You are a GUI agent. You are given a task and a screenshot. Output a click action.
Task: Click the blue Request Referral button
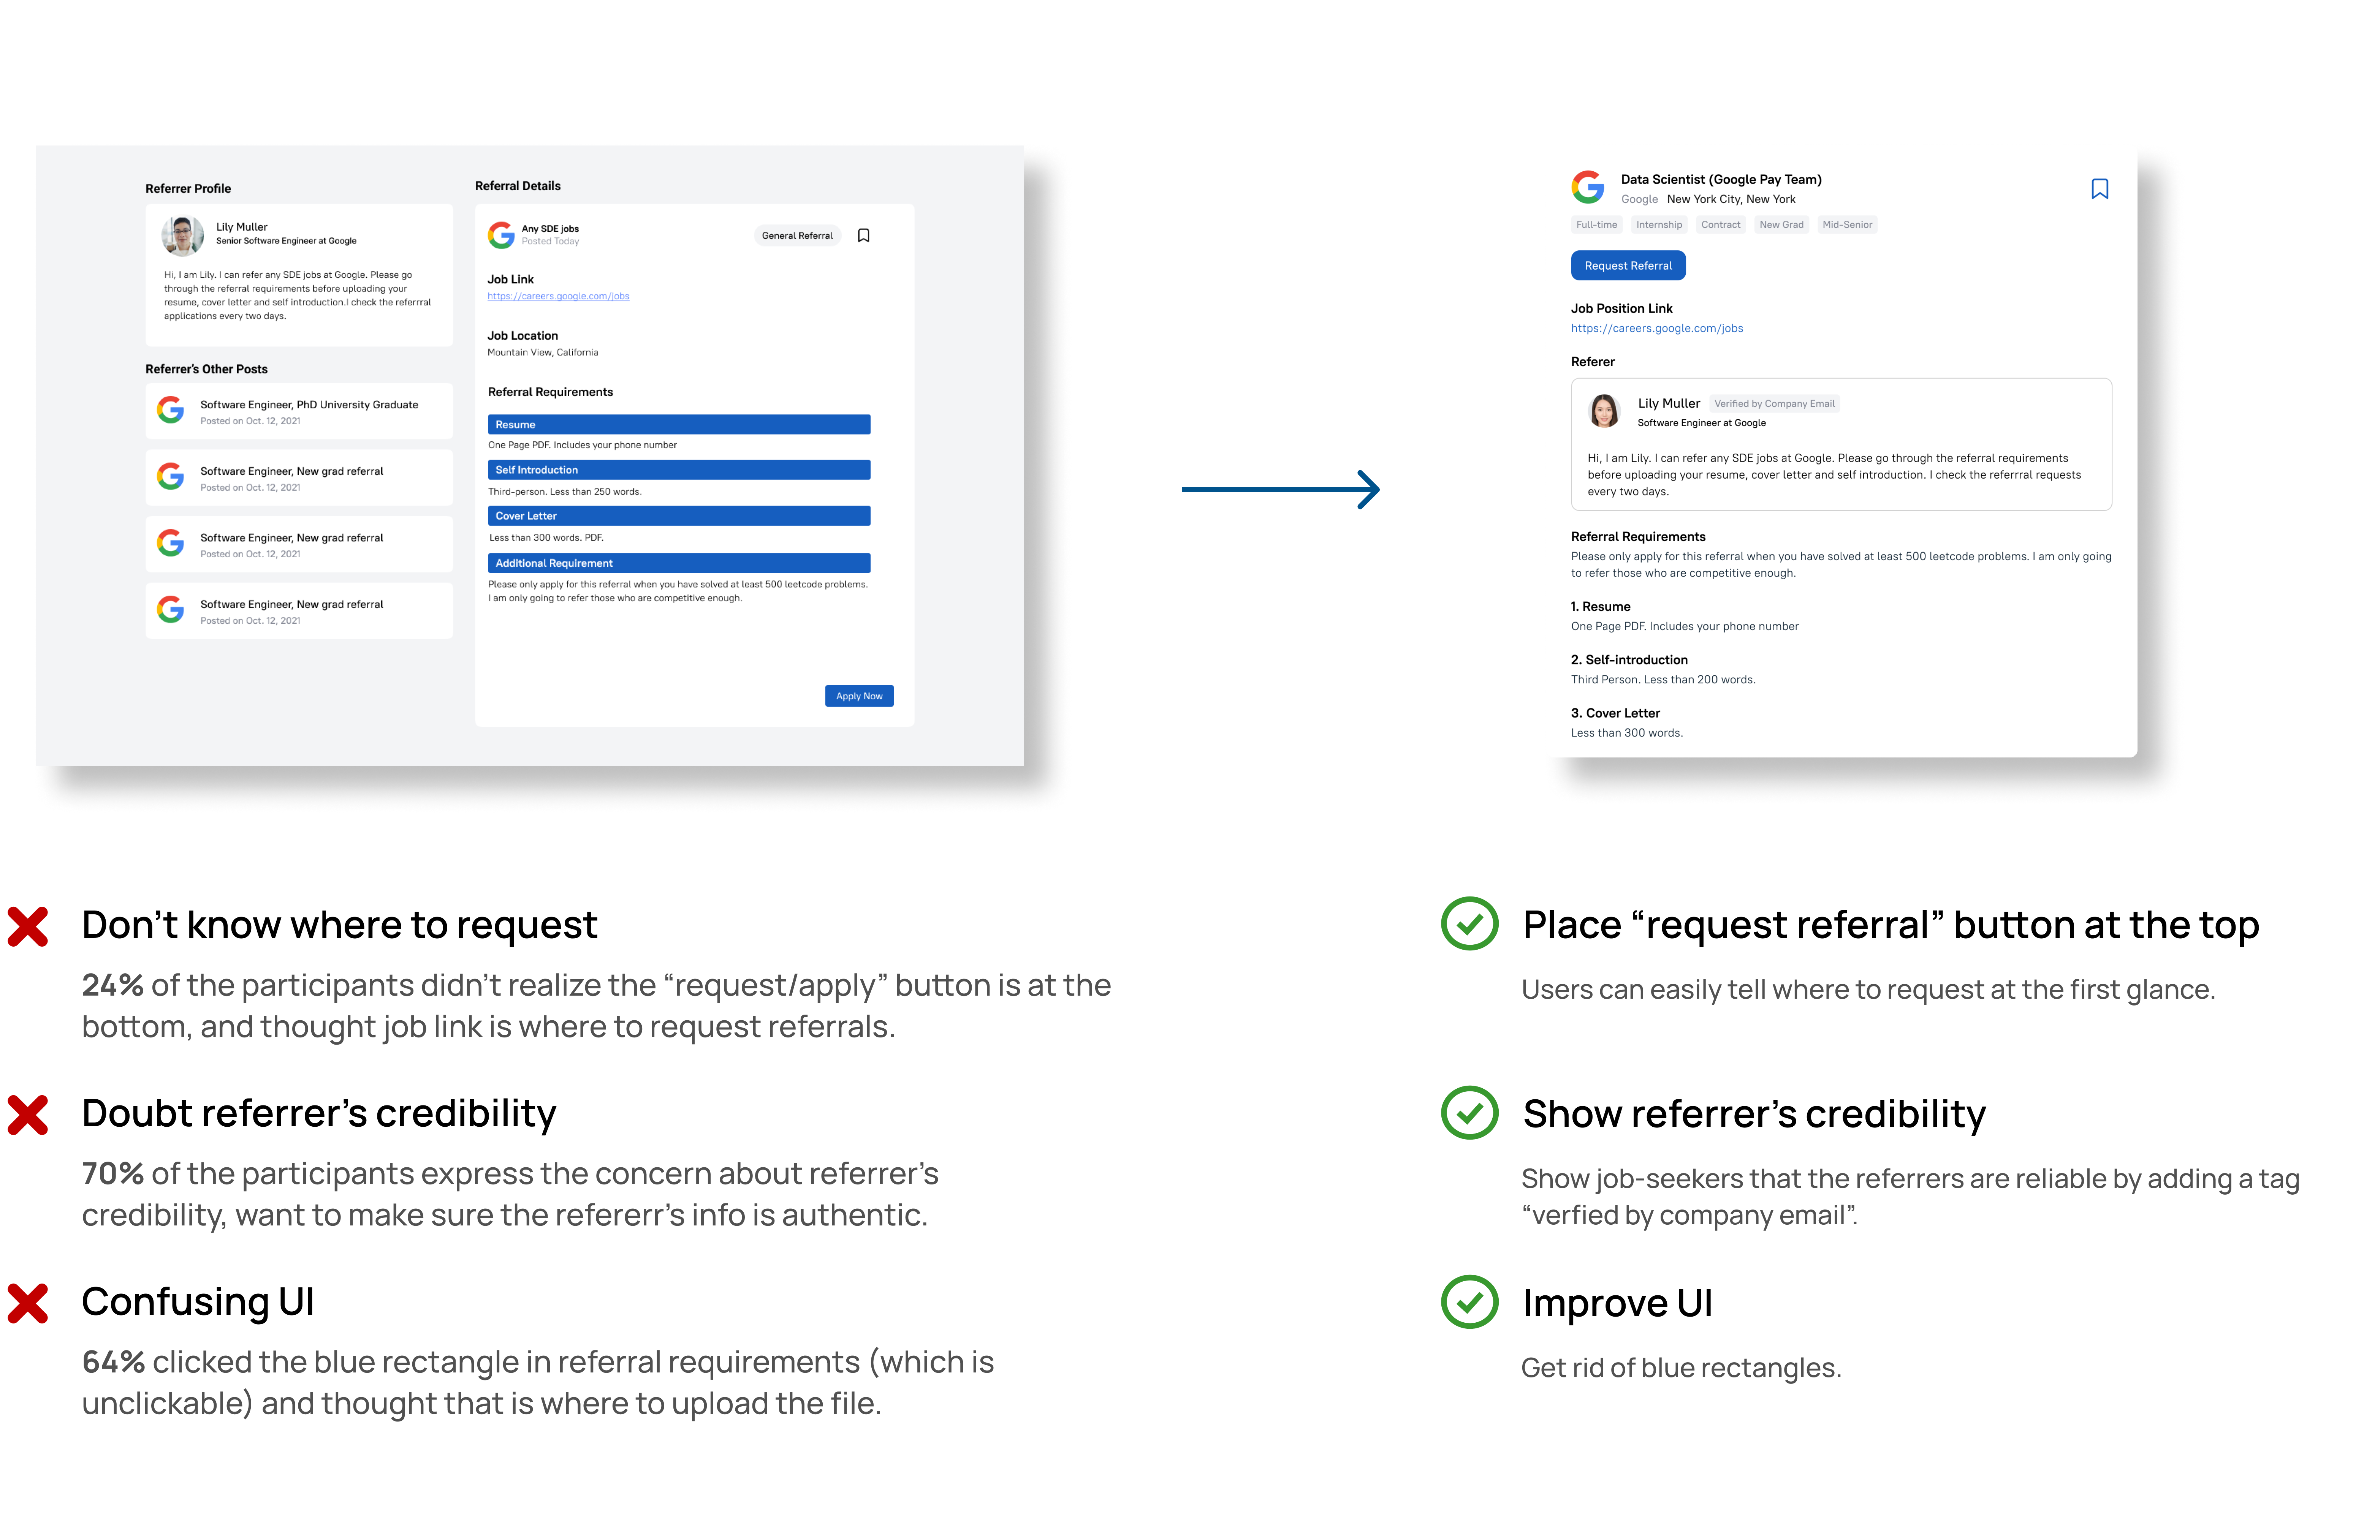click(x=1627, y=266)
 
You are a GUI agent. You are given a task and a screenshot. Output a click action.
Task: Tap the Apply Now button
click(x=858, y=696)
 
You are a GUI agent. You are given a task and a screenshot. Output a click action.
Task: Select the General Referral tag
click(x=796, y=235)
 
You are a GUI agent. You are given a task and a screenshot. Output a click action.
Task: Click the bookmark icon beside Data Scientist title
click(x=2099, y=189)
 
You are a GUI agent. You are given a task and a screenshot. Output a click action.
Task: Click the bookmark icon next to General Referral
click(x=863, y=235)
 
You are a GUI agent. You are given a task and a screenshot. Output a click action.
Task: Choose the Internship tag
click(x=1659, y=225)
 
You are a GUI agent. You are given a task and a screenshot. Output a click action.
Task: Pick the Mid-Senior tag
click(x=1846, y=225)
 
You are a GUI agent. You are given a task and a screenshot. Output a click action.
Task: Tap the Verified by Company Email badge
click(x=1774, y=403)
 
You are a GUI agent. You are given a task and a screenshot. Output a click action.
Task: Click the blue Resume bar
click(x=678, y=424)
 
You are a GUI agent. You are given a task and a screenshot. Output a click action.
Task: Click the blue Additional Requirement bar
click(x=678, y=563)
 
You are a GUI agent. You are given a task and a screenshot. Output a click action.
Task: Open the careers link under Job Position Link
click(x=1656, y=329)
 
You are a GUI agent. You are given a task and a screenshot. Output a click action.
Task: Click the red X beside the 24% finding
click(x=28, y=926)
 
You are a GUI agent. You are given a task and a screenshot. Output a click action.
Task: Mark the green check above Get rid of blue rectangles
click(x=1469, y=1302)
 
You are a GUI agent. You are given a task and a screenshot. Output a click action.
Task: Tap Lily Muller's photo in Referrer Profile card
click(x=183, y=236)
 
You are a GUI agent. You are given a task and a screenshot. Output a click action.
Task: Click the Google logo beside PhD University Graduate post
click(x=171, y=410)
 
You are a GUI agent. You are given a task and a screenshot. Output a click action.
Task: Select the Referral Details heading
click(x=518, y=186)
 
